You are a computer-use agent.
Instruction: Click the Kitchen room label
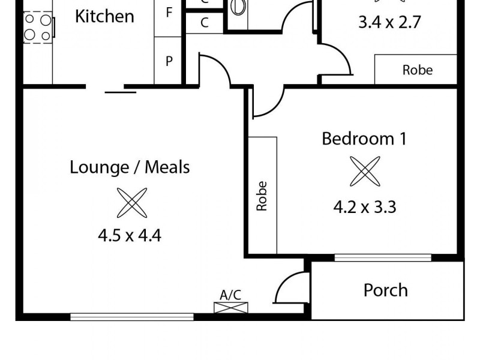(x=104, y=16)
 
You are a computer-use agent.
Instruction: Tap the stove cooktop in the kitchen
(x=37, y=28)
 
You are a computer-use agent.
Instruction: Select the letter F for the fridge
(x=169, y=13)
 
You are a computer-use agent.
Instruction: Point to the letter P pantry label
(x=169, y=61)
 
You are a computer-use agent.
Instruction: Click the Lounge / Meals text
(x=130, y=167)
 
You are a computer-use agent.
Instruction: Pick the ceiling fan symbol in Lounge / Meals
(x=131, y=202)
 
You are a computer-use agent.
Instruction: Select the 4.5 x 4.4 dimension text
(x=130, y=235)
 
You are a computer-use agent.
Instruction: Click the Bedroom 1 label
(x=364, y=139)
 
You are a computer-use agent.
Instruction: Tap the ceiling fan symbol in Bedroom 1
(x=365, y=172)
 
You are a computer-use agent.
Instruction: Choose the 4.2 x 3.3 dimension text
(x=365, y=207)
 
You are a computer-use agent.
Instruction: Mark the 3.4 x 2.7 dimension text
(x=389, y=23)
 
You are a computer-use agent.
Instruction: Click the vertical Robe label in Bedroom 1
(x=262, y=196)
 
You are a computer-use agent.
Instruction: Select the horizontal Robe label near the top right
(x=417, y=70)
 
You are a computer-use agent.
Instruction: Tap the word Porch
(x=385, y=290)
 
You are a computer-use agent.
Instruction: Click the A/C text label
(x=230, y=295)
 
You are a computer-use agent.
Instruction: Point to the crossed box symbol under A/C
(x=230, y=307)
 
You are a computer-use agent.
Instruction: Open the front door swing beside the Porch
(x=289, y=287)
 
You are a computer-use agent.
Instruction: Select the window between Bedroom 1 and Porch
(x=382, y=258)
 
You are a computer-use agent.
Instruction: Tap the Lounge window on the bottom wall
(x=132, y=316)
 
